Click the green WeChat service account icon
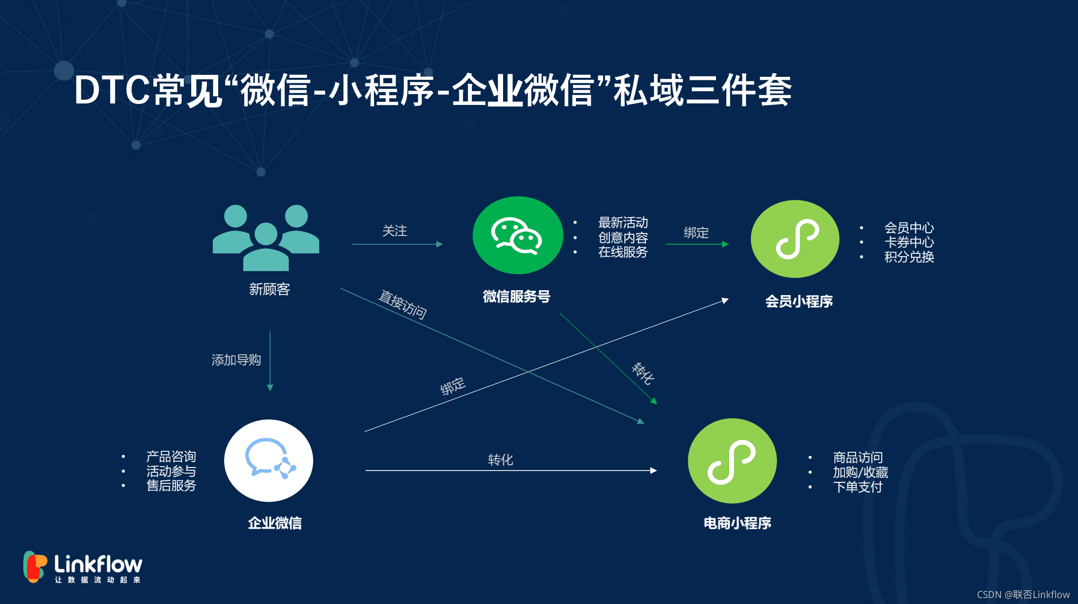coord(517,235)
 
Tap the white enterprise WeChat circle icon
coord(269,461)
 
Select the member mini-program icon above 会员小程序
coord(795,239)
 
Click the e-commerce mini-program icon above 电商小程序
coord(732,461)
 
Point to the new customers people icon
coord(266,237)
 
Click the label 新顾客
coord(269,289)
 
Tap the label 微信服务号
coord(516,297)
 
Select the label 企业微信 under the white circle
coord(274,523)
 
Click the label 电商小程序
coord(737,523)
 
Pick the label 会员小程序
coord(799,302)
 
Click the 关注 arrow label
coord(395,231)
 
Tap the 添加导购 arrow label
coord(236,360)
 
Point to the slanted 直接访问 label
coord(402,304)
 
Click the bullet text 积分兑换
coord(909,257)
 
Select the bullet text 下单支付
coord(857,487)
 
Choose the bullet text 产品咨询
coord(171,457)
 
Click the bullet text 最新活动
coord(623,223)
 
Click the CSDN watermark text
coord(1023,595)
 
